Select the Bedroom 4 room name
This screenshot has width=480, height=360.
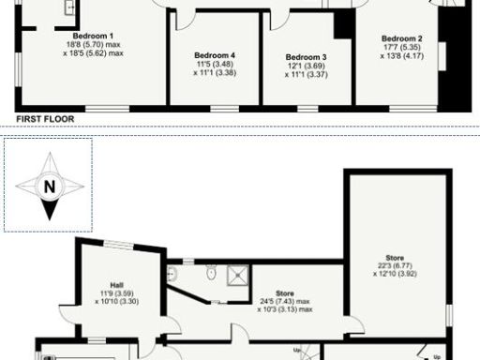215,55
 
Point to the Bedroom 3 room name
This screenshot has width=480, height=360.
307,57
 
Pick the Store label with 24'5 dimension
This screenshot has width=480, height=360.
283,293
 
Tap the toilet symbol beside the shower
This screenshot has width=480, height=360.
213,275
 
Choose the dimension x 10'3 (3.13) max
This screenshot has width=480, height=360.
283,310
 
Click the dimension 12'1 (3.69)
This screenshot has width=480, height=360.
307,66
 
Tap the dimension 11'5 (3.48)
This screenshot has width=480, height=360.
215,64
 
